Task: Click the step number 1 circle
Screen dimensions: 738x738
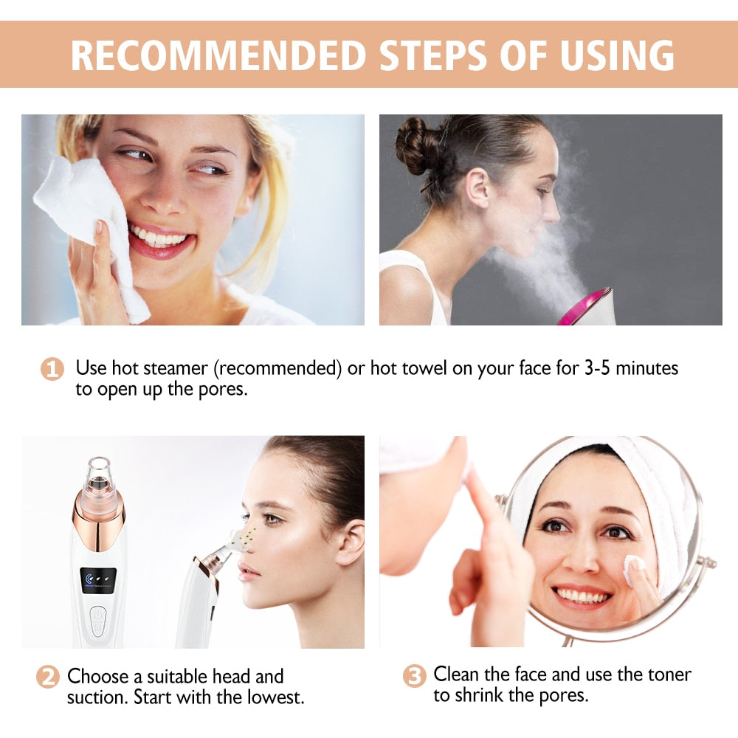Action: click(x=52, y=368)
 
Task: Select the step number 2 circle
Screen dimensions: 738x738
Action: click(x=47, y=677)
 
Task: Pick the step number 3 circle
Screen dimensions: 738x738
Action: click(x=414, y=675)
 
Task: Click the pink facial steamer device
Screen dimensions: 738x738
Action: click(x=586, y=306)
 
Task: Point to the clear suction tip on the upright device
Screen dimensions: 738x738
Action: click(x=98, y=477)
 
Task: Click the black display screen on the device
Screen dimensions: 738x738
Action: click(x=98, y=580)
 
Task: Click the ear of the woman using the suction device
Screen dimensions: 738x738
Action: click(x=350, y=543)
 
